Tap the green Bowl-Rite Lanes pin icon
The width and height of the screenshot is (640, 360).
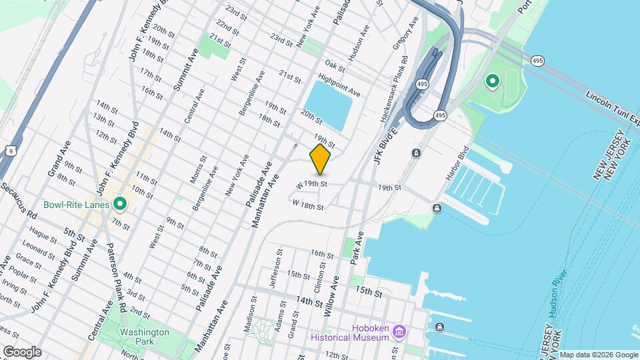tap(120, 203)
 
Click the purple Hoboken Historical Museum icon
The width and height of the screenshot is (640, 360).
tap(399, 331)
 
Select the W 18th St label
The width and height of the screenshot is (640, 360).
tap(308, 207)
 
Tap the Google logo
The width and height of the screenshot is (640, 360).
tap(21, 352)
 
